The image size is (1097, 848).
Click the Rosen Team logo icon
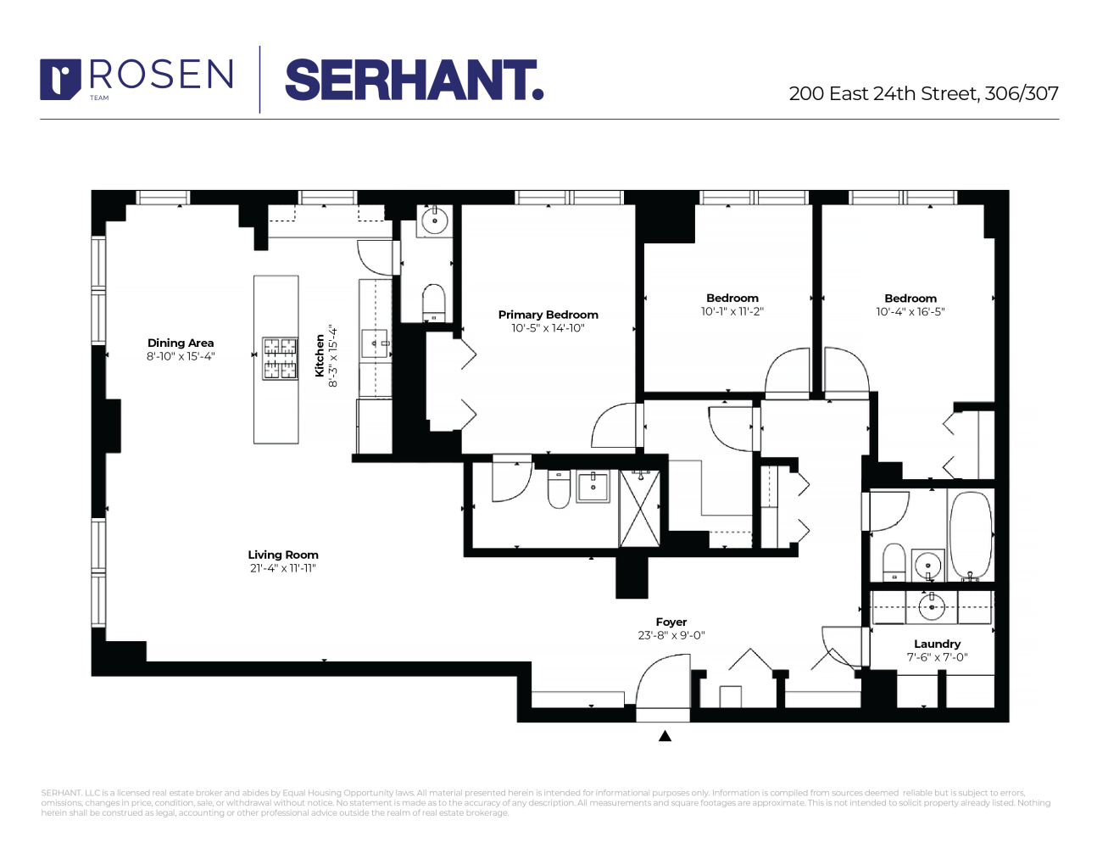[60, 78]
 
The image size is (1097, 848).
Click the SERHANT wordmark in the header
[413, 80]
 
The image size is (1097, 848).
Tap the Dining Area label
[181, 343]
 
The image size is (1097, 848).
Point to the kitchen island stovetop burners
[280, 358]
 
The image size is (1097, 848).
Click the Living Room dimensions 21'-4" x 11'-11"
[283, 568]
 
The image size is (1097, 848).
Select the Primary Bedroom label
[548, 315]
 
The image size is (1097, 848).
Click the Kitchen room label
[320, 355]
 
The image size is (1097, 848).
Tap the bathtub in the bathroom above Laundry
[970, 534]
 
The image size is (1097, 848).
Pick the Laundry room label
[937, 644]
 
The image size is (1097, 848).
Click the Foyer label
[671, 622]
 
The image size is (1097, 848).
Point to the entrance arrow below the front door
[665, 736]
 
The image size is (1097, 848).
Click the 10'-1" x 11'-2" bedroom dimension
[732, 311]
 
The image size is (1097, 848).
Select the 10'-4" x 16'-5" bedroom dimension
[910, 311]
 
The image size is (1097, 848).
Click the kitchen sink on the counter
[375, 344]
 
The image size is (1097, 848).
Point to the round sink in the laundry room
[932, 606]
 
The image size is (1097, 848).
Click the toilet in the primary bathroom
[559, 489]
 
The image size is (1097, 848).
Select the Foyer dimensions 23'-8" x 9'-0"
[671, 635]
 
